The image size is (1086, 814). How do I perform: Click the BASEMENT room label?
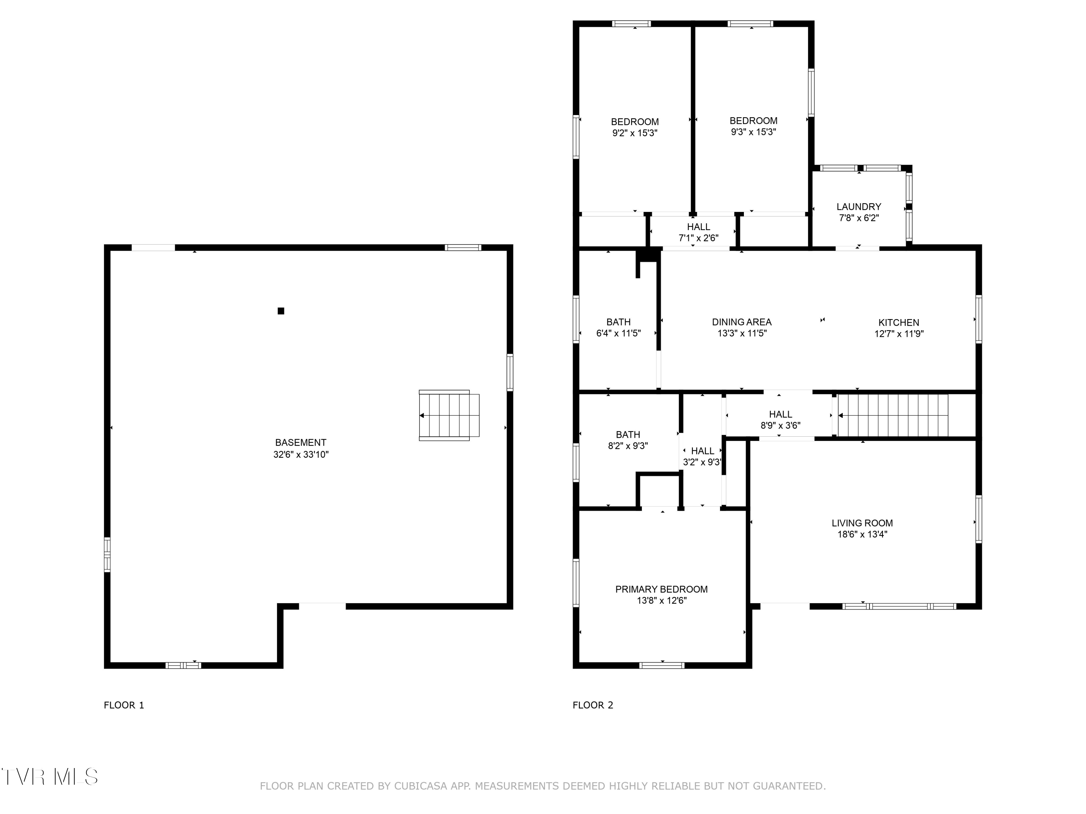coord(300,442)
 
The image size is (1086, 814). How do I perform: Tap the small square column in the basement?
coord(281,310)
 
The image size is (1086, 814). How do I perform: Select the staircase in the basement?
coord(449,415)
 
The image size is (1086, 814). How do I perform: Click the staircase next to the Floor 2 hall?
coord(893,415)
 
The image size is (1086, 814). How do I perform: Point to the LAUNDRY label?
coord(859,207)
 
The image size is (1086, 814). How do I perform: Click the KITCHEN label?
coord(898,322)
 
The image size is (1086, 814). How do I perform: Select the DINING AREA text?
coord(742,322)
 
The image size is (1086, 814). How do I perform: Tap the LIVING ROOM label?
coord(862,523)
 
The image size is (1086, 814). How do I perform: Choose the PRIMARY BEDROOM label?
coord(661,589)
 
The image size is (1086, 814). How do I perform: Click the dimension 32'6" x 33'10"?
coord(301,454)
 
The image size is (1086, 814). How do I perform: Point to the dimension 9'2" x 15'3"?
coord(635,133)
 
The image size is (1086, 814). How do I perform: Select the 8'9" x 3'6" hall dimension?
coord(780,425)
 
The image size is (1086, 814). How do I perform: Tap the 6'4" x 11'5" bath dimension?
coord(619,334)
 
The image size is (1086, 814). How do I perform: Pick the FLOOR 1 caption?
coord(124,705)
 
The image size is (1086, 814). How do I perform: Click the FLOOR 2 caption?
coord(593,705)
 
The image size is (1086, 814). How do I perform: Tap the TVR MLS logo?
coord(49,777)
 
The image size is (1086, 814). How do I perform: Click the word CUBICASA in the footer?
coord(420,786)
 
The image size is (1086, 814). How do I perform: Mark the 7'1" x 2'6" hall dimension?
coord(699,238)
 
